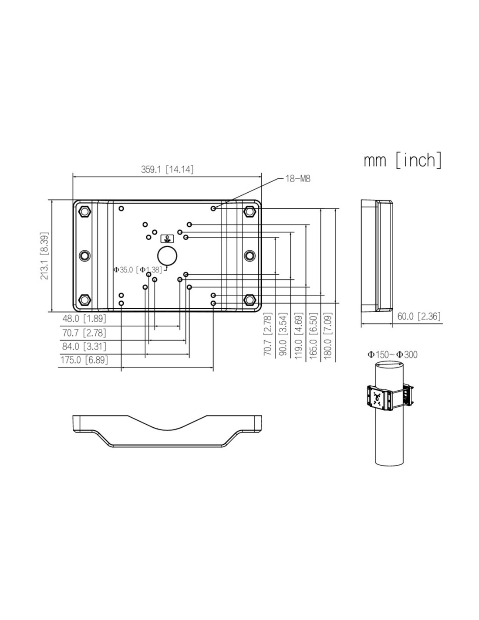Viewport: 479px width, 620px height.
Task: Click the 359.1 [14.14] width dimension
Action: tap(167, 170)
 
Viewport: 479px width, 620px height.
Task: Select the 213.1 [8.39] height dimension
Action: tap(44, 255)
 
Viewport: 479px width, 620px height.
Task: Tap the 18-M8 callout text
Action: tap(298, 179)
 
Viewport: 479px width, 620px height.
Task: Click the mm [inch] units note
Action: tap(402, 160)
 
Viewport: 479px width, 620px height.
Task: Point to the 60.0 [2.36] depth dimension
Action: tap(419, 316)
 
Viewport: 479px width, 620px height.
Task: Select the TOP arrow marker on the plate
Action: tap(167, 238)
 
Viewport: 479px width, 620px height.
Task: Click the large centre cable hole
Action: tap(167, 255)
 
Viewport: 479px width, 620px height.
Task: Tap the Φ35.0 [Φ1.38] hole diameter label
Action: tap(138, 269)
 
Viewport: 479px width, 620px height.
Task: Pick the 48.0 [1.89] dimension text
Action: tap(84, 318)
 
